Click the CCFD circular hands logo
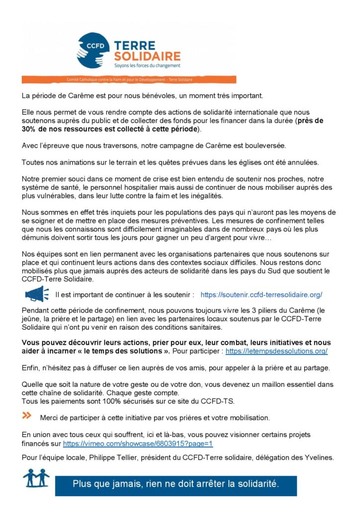coord(93,50)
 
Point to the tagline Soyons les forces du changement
coord(148,65)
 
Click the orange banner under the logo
coord(129,80)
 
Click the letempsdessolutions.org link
coord(276,351)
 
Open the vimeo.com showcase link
coord(138,443)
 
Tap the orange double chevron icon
coord(27,416)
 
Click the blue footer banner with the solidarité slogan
coord(176,483)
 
